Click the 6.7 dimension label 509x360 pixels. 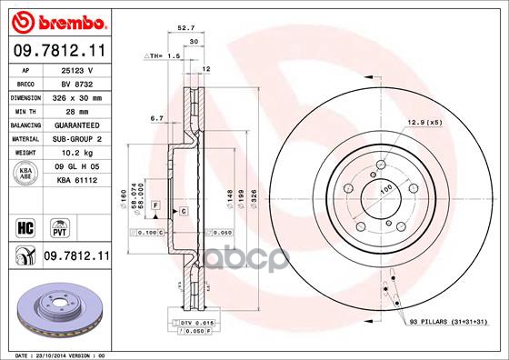click(x=155, y=118)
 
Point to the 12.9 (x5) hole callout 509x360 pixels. click(x=424, y=122)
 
